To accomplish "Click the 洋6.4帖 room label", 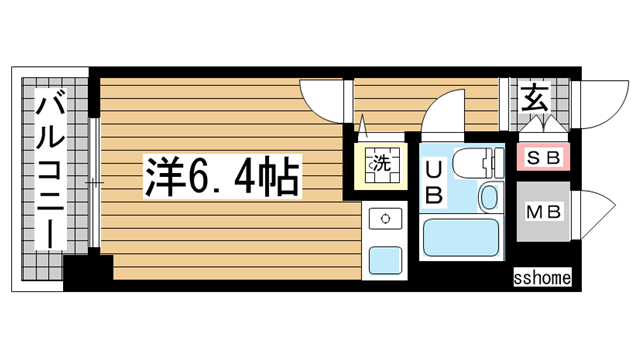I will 223,177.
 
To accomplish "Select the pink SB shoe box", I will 543,158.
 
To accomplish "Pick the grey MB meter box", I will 543,211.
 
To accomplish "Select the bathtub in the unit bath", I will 462,237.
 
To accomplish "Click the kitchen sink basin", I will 384,261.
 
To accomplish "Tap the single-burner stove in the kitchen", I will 384,217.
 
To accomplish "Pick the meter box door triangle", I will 591,211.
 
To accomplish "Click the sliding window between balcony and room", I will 94,179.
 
